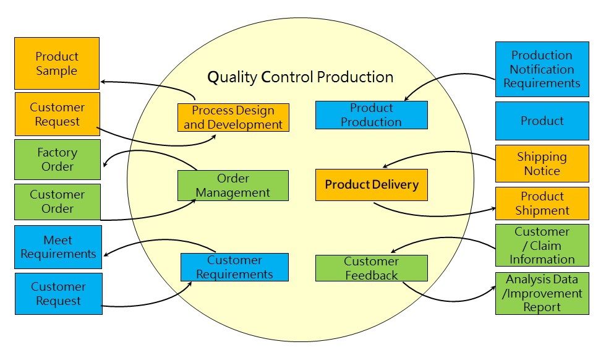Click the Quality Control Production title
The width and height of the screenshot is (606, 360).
[x=300, y=77]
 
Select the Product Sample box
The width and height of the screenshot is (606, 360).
[x=57, y=63]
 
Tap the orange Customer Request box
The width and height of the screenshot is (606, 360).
[x=57, y=114]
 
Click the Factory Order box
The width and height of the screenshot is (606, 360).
[x=57, y=160]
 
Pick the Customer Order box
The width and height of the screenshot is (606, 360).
[x=57, y=202]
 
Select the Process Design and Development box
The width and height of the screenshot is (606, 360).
[x=233, y=118]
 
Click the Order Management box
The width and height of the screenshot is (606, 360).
[x=233, y=186]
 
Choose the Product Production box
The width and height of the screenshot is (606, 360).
[x=371, y=115]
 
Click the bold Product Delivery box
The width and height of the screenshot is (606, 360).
[x=371, y=184]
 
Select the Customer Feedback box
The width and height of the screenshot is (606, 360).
[x=371, y=268]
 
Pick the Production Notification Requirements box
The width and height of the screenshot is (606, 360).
[x=542, y=69]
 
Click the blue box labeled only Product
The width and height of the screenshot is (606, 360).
[x=542, y=121]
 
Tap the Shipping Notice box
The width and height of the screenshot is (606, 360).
[x=542, y=163]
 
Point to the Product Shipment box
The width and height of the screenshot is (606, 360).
[x=542, y=204]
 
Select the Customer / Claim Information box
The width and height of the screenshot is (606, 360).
[x=542, y=246]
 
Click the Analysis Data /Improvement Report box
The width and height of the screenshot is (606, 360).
[x=542, y=293]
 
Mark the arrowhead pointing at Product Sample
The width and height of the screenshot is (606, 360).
[x=104, y=81]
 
